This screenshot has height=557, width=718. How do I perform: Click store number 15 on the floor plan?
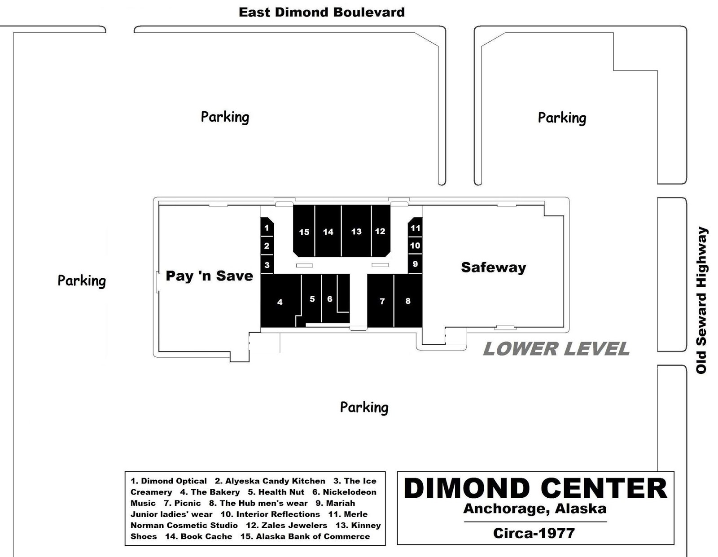coord(304,231)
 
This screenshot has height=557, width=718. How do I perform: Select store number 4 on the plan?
coord(280,301)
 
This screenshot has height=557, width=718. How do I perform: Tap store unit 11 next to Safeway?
coord(416,227)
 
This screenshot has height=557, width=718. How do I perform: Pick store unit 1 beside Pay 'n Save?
coord(267,227)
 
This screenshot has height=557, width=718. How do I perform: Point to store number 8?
coord(408,301)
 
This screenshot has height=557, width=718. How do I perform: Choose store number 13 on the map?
coord(356,231)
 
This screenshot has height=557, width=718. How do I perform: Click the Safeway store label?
coord(493,267)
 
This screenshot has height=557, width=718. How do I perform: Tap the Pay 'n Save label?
coord(210,276)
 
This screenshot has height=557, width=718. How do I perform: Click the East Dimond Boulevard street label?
coord(321,12)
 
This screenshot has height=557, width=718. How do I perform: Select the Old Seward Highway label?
coord(701,300)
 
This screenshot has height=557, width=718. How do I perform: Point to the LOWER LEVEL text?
coord(556,349)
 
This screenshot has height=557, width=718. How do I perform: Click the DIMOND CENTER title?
coord(535,488)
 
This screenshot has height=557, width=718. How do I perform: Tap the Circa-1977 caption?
coord(534,533)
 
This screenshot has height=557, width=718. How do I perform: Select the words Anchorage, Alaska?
coord(534,509)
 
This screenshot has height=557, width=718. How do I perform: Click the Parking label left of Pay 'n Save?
coord(82,281)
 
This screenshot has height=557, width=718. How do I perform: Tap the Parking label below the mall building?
coord(364,408)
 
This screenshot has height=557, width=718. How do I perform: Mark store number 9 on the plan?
coord(416,264)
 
